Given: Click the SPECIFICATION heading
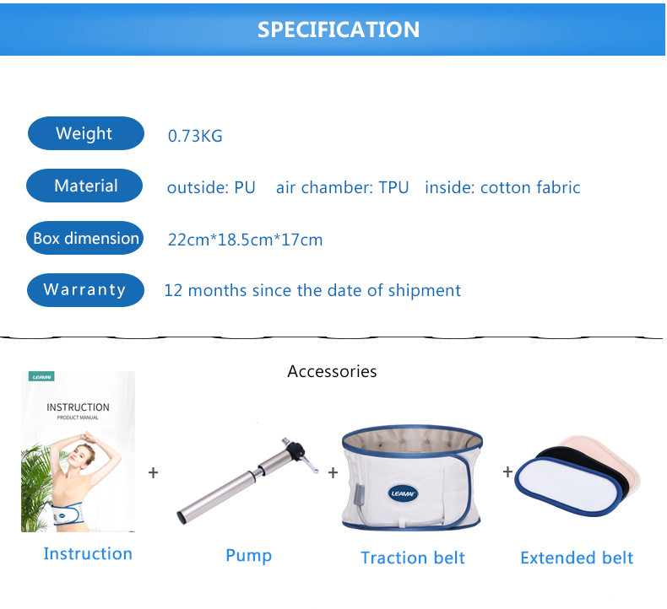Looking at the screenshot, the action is [x=339, y=30].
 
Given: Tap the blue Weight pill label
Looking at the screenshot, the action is [x=86, y=133].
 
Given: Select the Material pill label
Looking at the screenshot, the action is [x=84, y=186].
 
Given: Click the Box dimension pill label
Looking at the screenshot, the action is [x=85, y=238].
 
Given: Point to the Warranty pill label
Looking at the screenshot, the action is [x=85, y=290].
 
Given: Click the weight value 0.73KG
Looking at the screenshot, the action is [x=195, y=136].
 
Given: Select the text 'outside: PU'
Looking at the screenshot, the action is [x=211, y=187].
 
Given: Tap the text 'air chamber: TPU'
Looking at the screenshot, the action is [x=343, y=187].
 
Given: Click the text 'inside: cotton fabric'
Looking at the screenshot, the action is [x=502, y=187].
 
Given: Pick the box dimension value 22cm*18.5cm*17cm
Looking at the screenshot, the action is [x=245, y=240].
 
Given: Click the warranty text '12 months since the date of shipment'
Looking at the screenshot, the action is [x=312, y=291].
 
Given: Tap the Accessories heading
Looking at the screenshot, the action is [x=332, y=371].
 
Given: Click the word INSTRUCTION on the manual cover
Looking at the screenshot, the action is [x=78, y=407].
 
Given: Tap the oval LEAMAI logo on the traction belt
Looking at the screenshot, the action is [x=403, y=493].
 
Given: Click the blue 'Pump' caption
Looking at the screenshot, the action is [x=249, y=555].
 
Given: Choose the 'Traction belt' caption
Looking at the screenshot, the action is [x=413, y=558].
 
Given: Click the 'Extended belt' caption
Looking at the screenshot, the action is [x=577, y=558].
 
